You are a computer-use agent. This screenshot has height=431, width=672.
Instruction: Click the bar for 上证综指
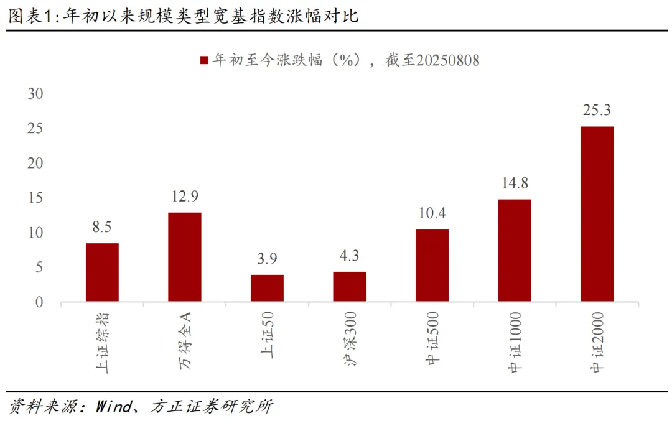tap(102, 272)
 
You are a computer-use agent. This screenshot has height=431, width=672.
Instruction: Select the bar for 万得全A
tap(185, 257)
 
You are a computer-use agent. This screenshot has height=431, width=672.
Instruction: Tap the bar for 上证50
tap(267, 288)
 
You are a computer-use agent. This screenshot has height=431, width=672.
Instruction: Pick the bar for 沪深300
tap(350, 287)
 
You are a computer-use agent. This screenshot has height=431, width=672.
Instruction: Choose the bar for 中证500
tap(432, 266)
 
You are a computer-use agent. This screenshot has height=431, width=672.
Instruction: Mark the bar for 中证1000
tap(515, 251)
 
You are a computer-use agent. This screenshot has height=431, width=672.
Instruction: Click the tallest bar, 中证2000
tap(597, 214)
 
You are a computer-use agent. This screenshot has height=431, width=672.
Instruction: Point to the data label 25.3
tap(597, 111)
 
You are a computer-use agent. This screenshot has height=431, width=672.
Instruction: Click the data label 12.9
tap(185, 197)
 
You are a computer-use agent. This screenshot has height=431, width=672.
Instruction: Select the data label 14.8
tap(515, 183)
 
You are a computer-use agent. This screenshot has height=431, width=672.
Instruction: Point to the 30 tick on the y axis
tap(35, 94)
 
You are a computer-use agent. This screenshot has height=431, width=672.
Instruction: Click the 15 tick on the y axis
tap(35, 198)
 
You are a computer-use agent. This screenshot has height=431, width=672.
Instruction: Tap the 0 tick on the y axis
tap(39, 303)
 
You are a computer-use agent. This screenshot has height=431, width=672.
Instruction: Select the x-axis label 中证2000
tap(597, 343)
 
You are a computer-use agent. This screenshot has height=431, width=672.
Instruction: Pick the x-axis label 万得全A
tap(185, 340)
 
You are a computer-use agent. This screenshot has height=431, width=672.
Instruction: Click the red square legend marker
tap(203, 60)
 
